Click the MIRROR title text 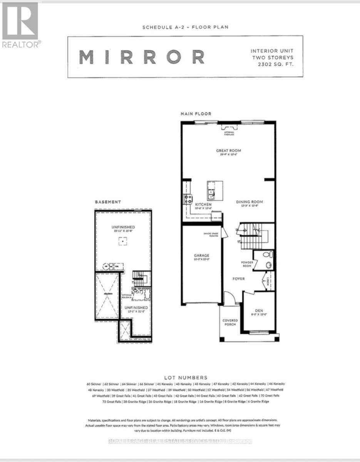(x=142, y=57)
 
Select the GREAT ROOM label (x=228, y=151)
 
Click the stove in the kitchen (x=188, y=199)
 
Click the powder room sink (x=269, y=265)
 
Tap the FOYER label (x=238, y=278)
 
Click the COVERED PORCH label (x=230, y=323)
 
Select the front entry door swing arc (x=229, y=297)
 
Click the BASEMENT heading (x=108, y=202)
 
